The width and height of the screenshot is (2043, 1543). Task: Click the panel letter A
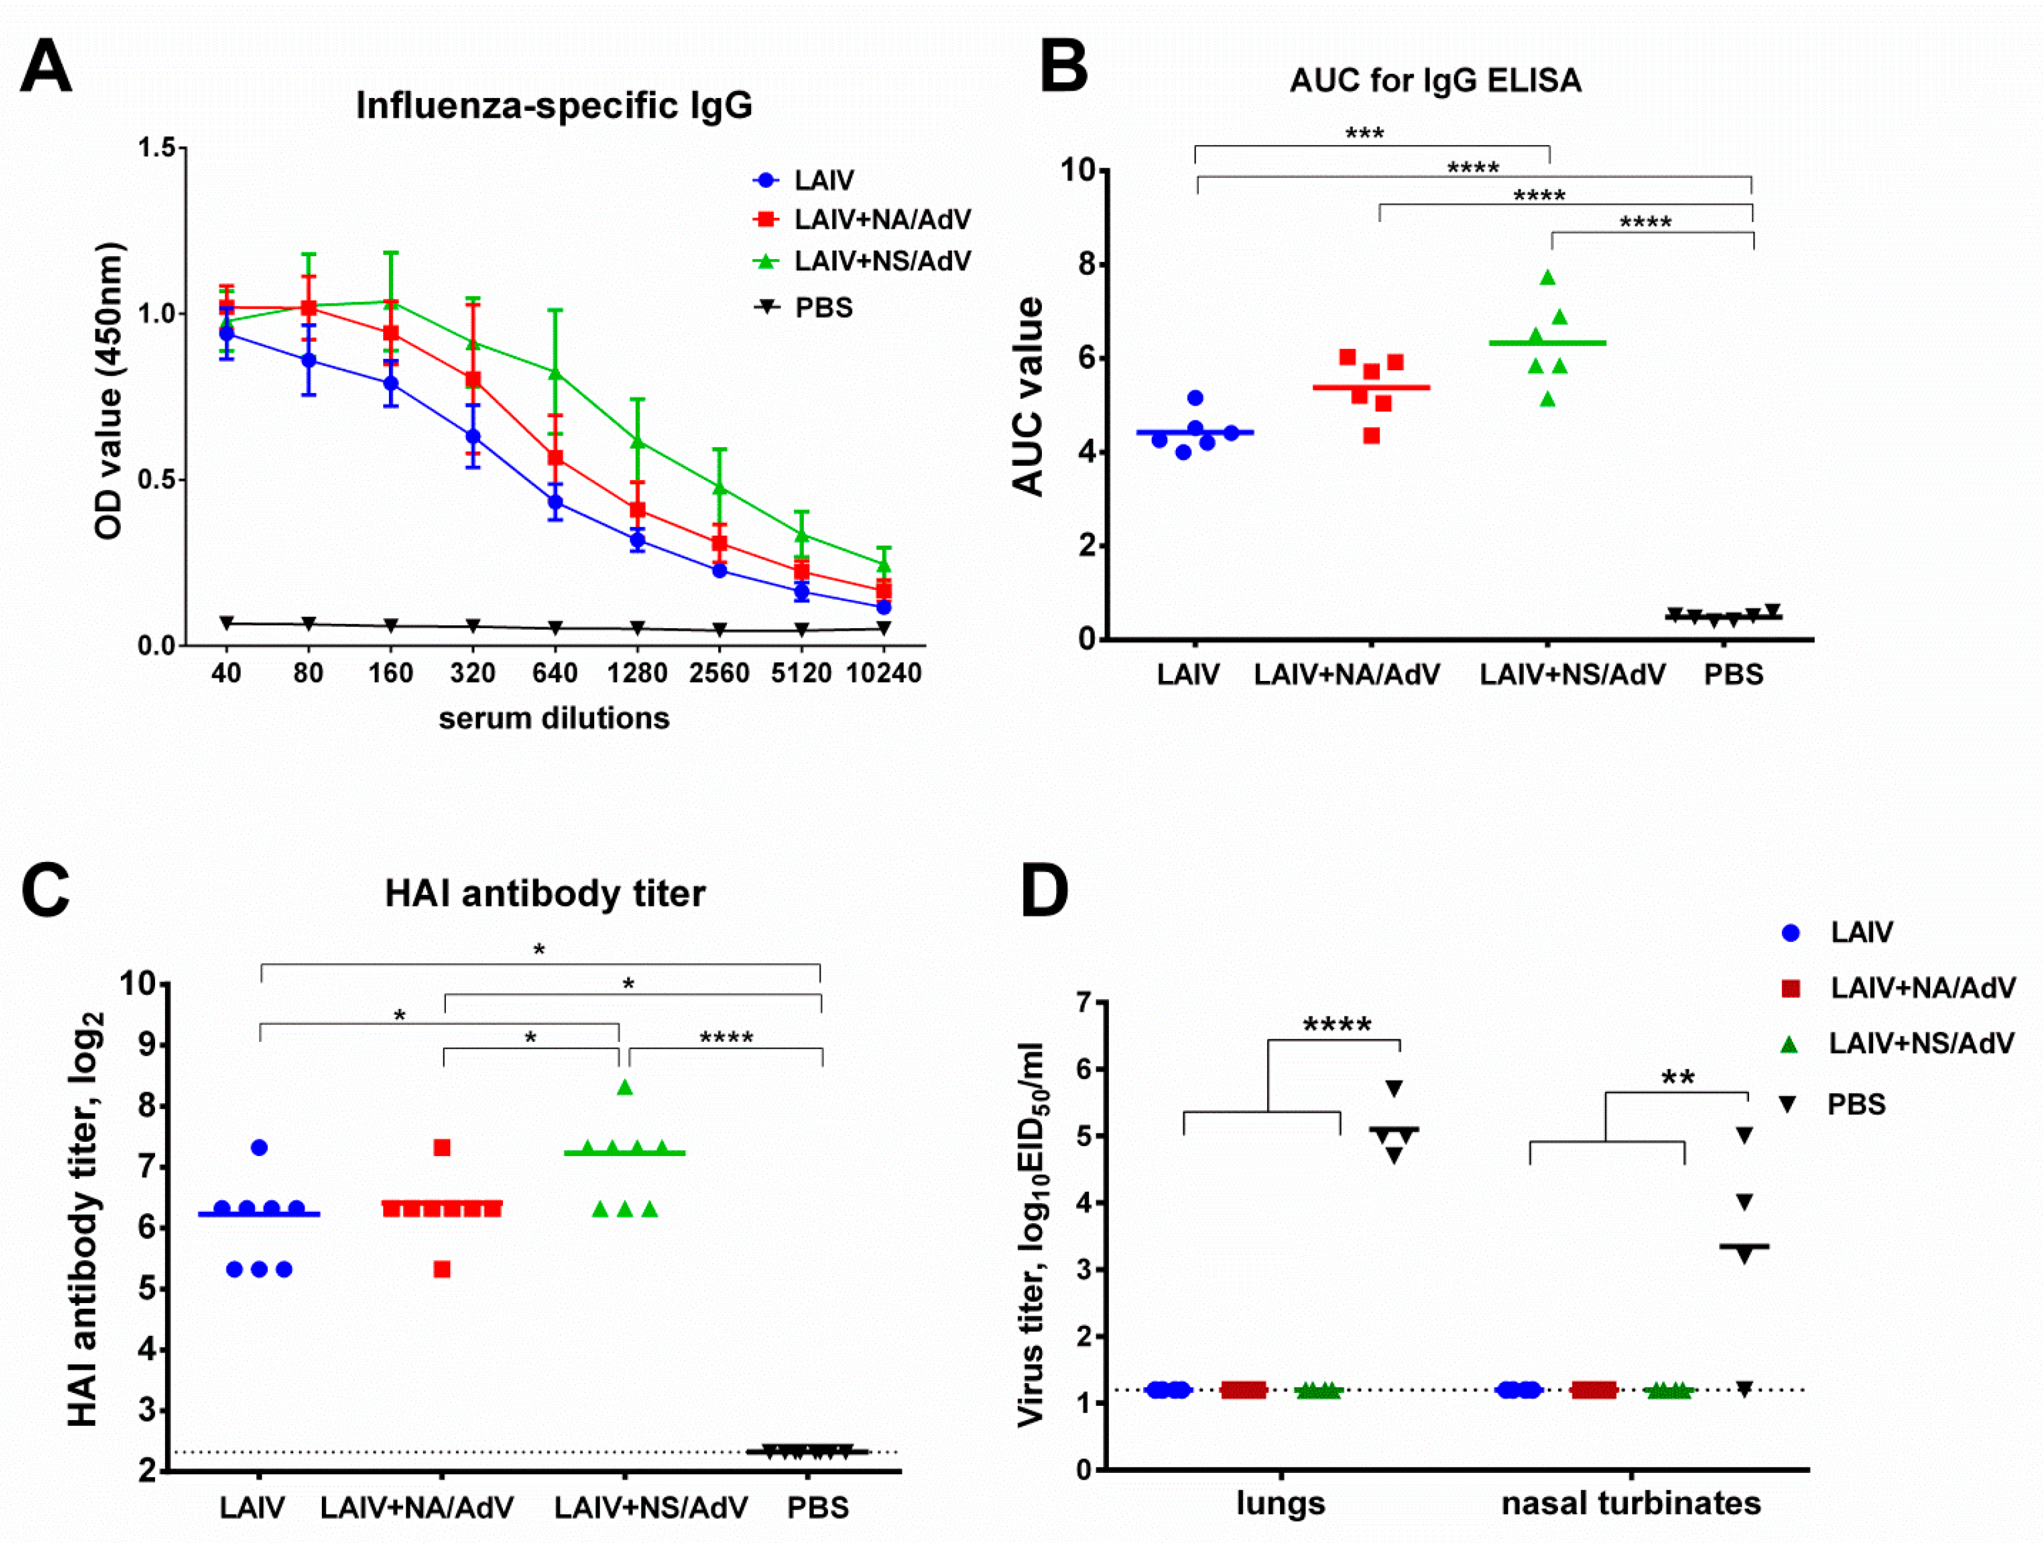(45, 66)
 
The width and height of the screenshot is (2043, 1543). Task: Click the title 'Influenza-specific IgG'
(554, 105)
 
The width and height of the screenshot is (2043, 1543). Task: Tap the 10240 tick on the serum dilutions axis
(884, 673)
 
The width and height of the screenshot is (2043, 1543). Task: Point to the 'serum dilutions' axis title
(554, 718)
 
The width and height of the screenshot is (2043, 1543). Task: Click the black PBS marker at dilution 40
(226, 623)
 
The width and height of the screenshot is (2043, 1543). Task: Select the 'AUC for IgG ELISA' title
(1435, 81)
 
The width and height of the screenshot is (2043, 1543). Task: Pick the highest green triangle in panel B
(1548, 277)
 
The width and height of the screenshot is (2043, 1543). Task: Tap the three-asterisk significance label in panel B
(1364, 134)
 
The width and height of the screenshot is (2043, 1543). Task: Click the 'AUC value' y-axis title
(1028, 397)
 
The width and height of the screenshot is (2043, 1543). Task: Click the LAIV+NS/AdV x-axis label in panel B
(1572, 674)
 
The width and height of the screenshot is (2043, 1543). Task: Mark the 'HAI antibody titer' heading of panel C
(545, 893)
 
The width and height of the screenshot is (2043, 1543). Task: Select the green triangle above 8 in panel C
(625, 1088)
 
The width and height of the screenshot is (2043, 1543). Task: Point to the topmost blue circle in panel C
(259, 1148)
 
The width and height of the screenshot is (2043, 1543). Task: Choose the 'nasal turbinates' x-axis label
(1630, 1502)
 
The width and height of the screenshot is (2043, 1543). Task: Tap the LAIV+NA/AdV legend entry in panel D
(1921, 988)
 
